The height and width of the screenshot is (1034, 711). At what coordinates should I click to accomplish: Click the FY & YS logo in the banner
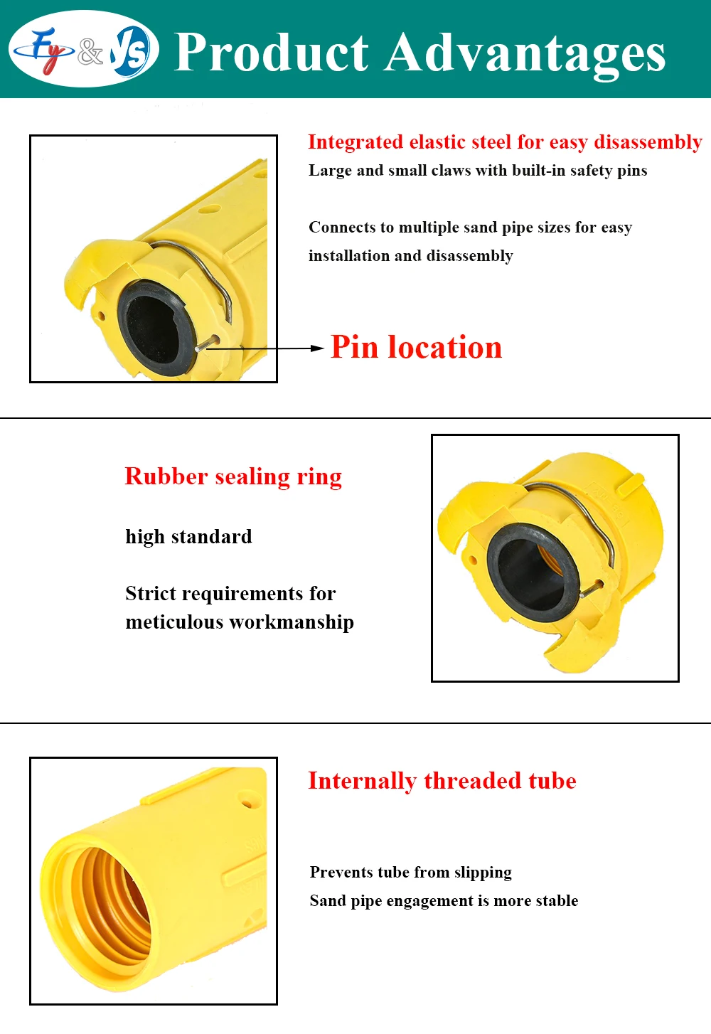coord(84,50)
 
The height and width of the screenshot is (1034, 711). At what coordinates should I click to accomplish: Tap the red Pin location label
coord(416,348)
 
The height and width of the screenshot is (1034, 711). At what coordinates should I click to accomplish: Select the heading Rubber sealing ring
coord(233,476)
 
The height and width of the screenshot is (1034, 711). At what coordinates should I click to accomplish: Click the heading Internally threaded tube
coord(442,781)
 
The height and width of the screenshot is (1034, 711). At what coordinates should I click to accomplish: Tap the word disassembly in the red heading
coord(648,142)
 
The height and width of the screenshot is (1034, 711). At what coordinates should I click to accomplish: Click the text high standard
coord(188,537)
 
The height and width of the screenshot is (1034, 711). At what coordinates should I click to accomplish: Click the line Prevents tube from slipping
coord(410,873)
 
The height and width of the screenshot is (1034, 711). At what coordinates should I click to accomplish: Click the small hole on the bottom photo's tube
coord(247,805)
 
